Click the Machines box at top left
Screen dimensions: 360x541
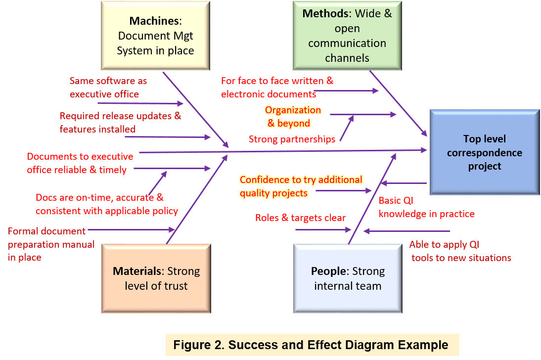tap(155, 36)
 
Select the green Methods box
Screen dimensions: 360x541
tap(347, 36)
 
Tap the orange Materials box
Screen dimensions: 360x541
tap(156, 278)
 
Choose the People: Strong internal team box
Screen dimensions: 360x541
tap(347, 278)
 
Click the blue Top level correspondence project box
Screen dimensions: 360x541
tap(484, 152)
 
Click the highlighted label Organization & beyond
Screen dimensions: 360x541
tap(292, 117)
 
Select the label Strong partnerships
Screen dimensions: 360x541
tap(292, 139)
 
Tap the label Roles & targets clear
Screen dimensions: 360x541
tap(300, 218)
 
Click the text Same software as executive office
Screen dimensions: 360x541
tap(108, 87)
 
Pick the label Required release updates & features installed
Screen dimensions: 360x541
tap(120, 122)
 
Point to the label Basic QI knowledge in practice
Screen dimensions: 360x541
tap(426, 207)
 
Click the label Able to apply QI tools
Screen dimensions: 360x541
tap(460, 251)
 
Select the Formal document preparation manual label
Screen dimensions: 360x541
tap(51, 244)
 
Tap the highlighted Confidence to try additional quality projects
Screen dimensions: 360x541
tap(301, 186)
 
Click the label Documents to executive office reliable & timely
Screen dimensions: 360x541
tap(80, 163)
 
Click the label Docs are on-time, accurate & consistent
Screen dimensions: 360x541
tap(106, 204)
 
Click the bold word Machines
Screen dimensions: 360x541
tap(154, 21)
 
